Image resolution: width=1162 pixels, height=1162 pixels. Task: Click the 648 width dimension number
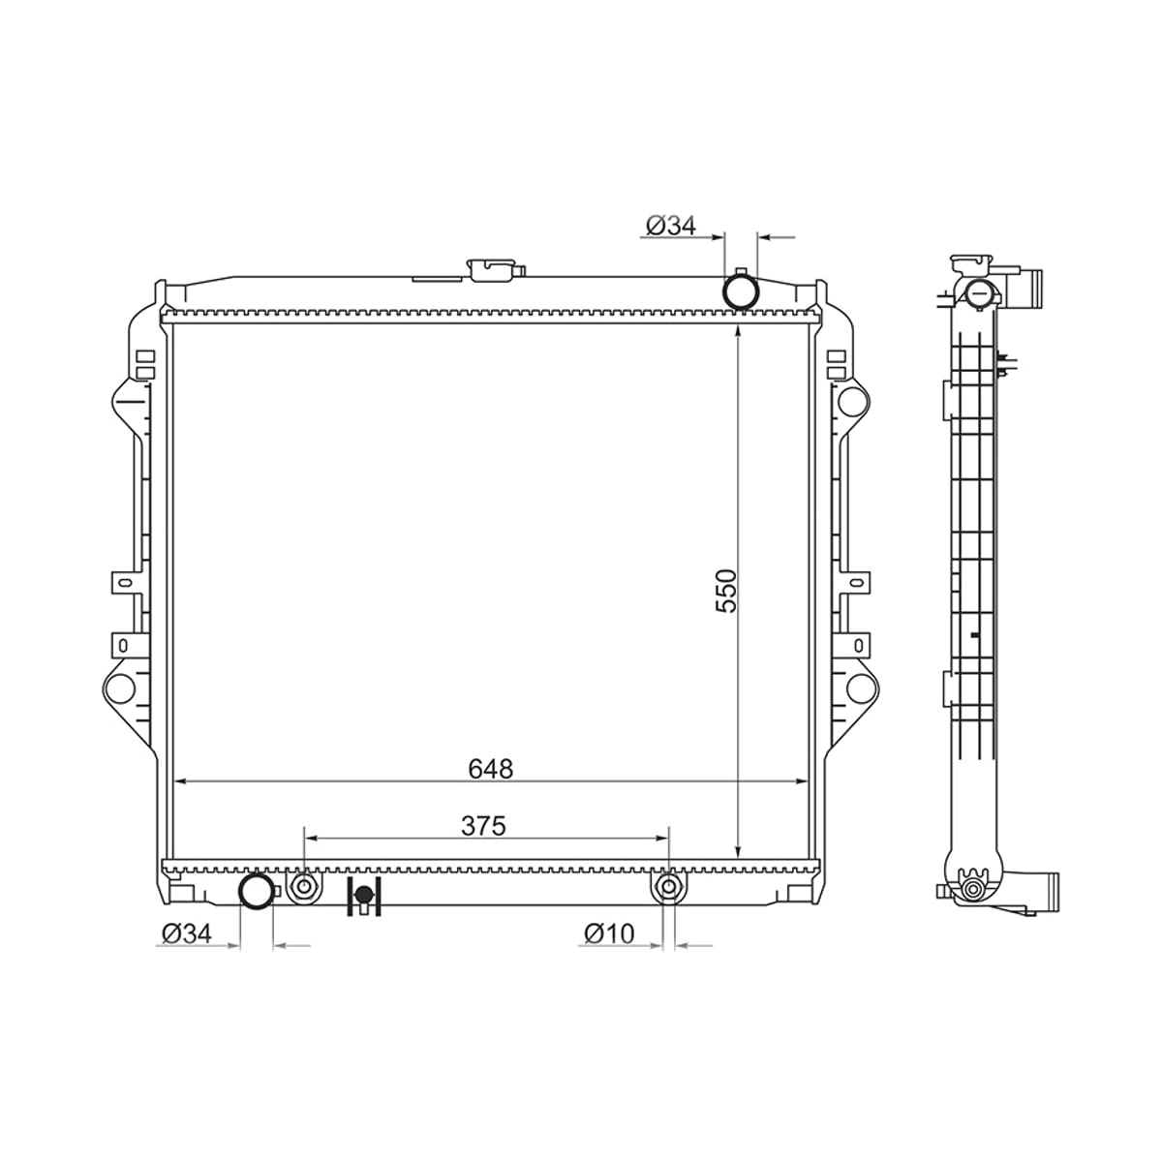pyautogui.click(x=490, y=769)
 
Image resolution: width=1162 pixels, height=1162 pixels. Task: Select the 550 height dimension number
pyautogui.click(x=726, y=591)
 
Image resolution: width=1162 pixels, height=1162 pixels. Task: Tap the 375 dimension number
pyautogui.click(x=483, y=826)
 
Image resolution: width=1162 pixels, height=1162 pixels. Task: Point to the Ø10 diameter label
pyautogui.click(x=609, y=934)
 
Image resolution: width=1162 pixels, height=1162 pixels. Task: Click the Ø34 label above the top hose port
pyautogui.click(x=670, y=226)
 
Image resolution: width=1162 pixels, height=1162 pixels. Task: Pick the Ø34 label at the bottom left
pyautogui.click(x=187, y=934)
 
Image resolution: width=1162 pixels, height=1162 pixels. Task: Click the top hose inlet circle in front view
pyautogui.click(x=741, y=291)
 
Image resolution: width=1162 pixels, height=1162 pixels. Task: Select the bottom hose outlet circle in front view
pyautogui.click(x=257, y=891)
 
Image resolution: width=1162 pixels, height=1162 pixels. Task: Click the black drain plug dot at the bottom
pyautogui.click(x=363, y=896)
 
